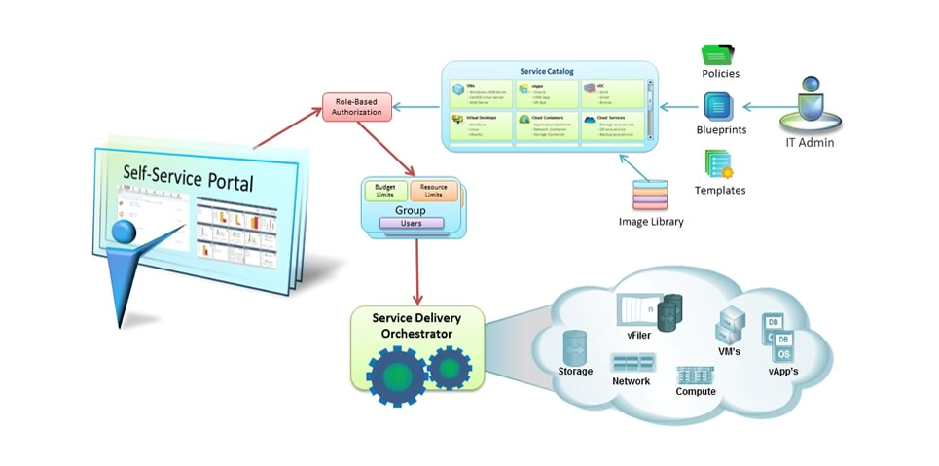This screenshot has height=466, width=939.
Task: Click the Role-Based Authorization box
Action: coord(356,106)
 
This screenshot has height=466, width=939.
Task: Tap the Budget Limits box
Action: coord(385,191)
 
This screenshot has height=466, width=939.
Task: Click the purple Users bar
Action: coord(411,223)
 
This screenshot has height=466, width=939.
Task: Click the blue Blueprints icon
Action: coord(719,106)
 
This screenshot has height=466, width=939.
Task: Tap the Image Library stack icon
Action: coord(651,196)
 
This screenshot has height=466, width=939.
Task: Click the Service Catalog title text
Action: coord(547,71)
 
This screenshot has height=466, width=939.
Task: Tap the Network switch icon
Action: coord(632,363)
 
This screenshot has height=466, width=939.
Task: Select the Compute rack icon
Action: coord(696,374)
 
